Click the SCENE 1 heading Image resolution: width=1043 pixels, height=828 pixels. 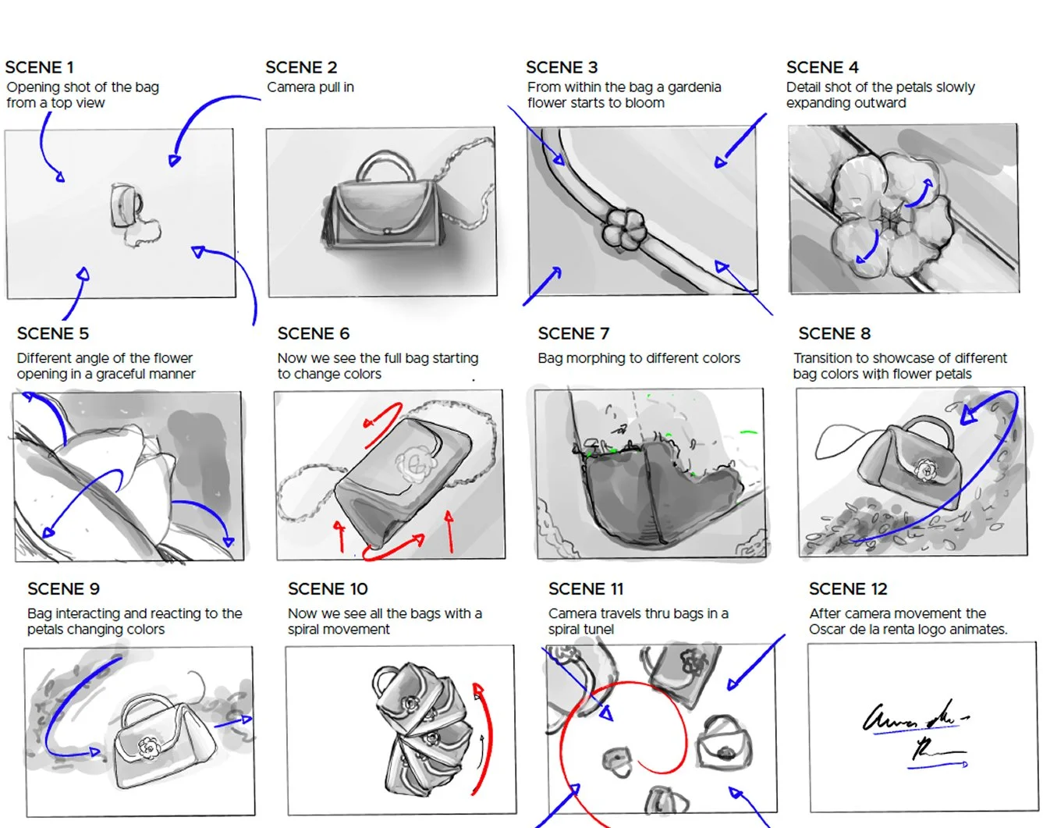pyautogui.click(x=39, y=67)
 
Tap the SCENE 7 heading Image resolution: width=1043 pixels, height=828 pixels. pyautogui.click(x=573, y=333)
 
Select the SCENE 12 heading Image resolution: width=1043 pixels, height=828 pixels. pyautogui.click(x=848, y=589)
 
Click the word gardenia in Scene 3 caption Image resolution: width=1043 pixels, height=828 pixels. pyautogui.click(x=694, y=87)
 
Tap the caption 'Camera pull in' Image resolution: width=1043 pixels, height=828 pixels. pyautogui.click(x=310, y=87)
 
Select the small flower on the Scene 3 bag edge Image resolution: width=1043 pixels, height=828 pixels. pyautogui.click(x=624, y=229)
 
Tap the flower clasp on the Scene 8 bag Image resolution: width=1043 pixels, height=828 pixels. pyautogui.click(x=926, y=468)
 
